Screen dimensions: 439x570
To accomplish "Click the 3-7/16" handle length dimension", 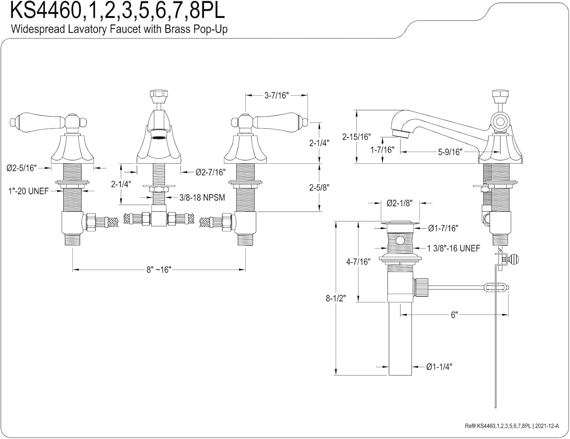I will pos(277,95).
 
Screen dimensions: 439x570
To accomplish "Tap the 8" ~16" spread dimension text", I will pos(159,270).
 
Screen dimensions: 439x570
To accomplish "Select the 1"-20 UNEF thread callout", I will pos(28,191).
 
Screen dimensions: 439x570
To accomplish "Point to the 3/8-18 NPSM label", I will pos(202,197).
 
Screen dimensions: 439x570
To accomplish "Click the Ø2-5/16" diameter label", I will pos(21,168).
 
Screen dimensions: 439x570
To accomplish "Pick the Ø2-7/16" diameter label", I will pos(211,172).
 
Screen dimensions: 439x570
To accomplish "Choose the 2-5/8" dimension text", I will pos(319,187).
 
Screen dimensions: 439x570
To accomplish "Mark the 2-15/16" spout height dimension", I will pos(356,137).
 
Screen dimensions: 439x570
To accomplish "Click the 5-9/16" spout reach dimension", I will pos(450,152).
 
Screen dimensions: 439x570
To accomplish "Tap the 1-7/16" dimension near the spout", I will pos(382,150).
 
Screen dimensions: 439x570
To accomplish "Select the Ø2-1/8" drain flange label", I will pos(399,203).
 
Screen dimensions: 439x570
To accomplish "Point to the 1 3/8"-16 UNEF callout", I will pos(453,248).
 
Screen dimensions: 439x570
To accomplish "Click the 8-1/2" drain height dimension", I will pos(336,298).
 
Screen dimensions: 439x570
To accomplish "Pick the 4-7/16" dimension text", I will pos(358,261).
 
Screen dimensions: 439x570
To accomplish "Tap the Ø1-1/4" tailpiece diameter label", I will pos(439,367).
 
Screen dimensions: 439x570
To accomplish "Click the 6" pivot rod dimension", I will pos(454,315).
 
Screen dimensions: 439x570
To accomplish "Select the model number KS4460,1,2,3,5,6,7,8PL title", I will pos(117,11).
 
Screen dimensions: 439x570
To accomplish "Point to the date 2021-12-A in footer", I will pos(547,426).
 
